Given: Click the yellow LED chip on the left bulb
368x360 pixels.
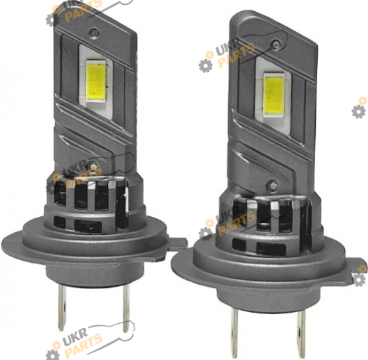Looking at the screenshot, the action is [95, 81].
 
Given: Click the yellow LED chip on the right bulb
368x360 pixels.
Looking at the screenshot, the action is [273, 94].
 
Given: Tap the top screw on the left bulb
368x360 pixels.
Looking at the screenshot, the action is [94, 32].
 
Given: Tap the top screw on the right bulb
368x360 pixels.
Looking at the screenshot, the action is [275, 44].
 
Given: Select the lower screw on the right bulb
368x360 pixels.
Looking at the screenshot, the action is [272, 184].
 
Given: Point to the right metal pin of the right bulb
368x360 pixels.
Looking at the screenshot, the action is [301, 334].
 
